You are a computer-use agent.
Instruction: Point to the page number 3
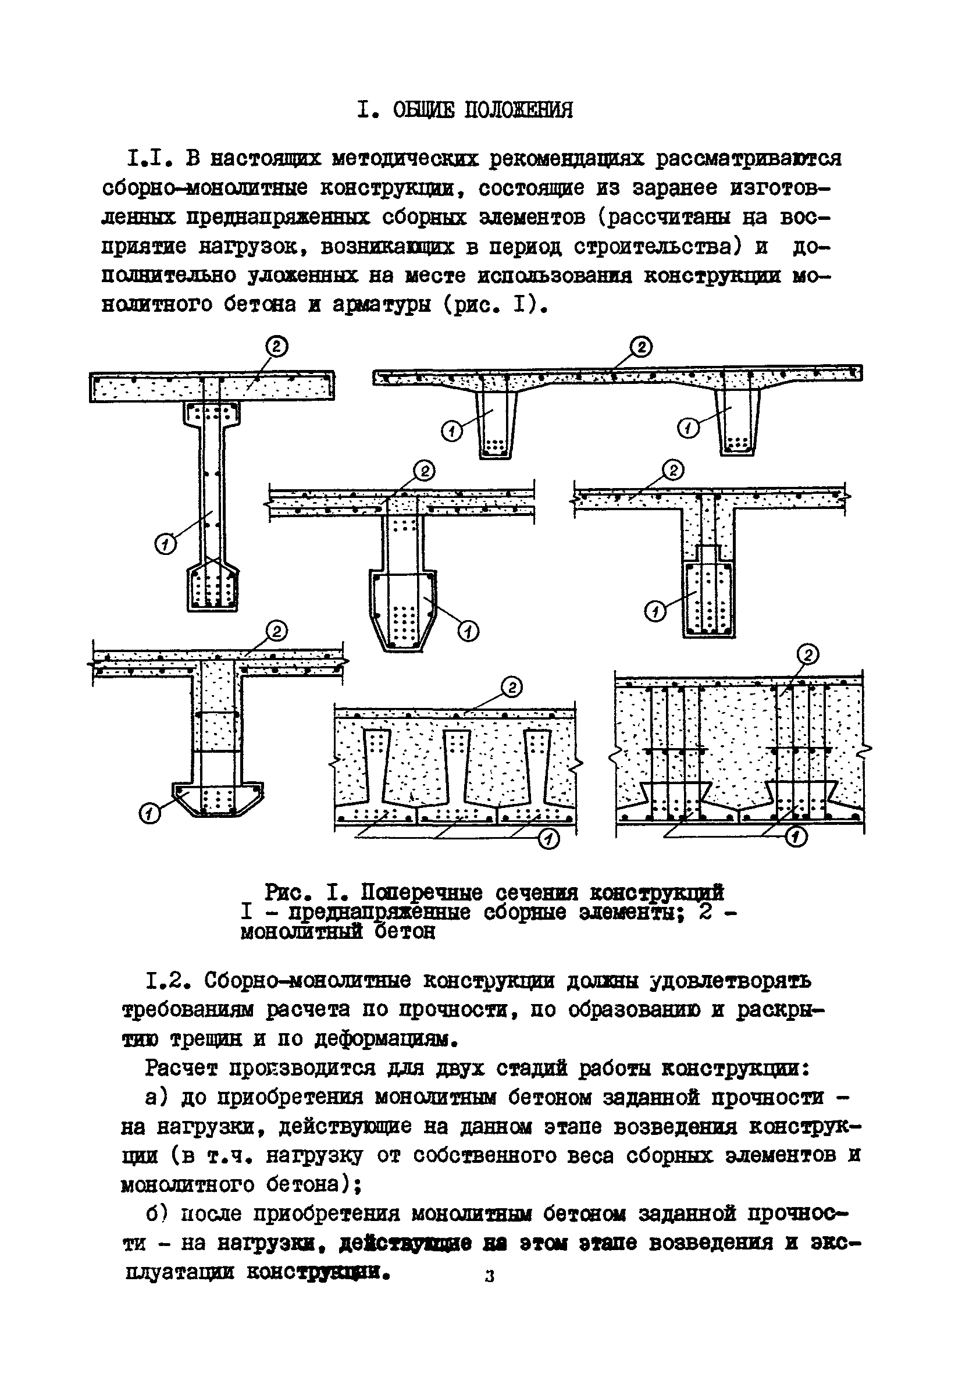coord(490,1276)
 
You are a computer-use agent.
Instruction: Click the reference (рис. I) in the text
coord(496,305)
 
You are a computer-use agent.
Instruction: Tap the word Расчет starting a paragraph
coord(183,1068)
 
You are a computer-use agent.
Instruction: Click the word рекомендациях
coord(566,159)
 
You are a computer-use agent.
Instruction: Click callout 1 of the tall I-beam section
coord(166,544)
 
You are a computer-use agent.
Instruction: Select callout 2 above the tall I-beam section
coord(277,347)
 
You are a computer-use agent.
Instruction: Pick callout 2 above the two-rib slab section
coord(642,347)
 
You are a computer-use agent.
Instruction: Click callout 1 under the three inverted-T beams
coord(548,840)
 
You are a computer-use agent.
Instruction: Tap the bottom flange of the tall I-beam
coord(213,589)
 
